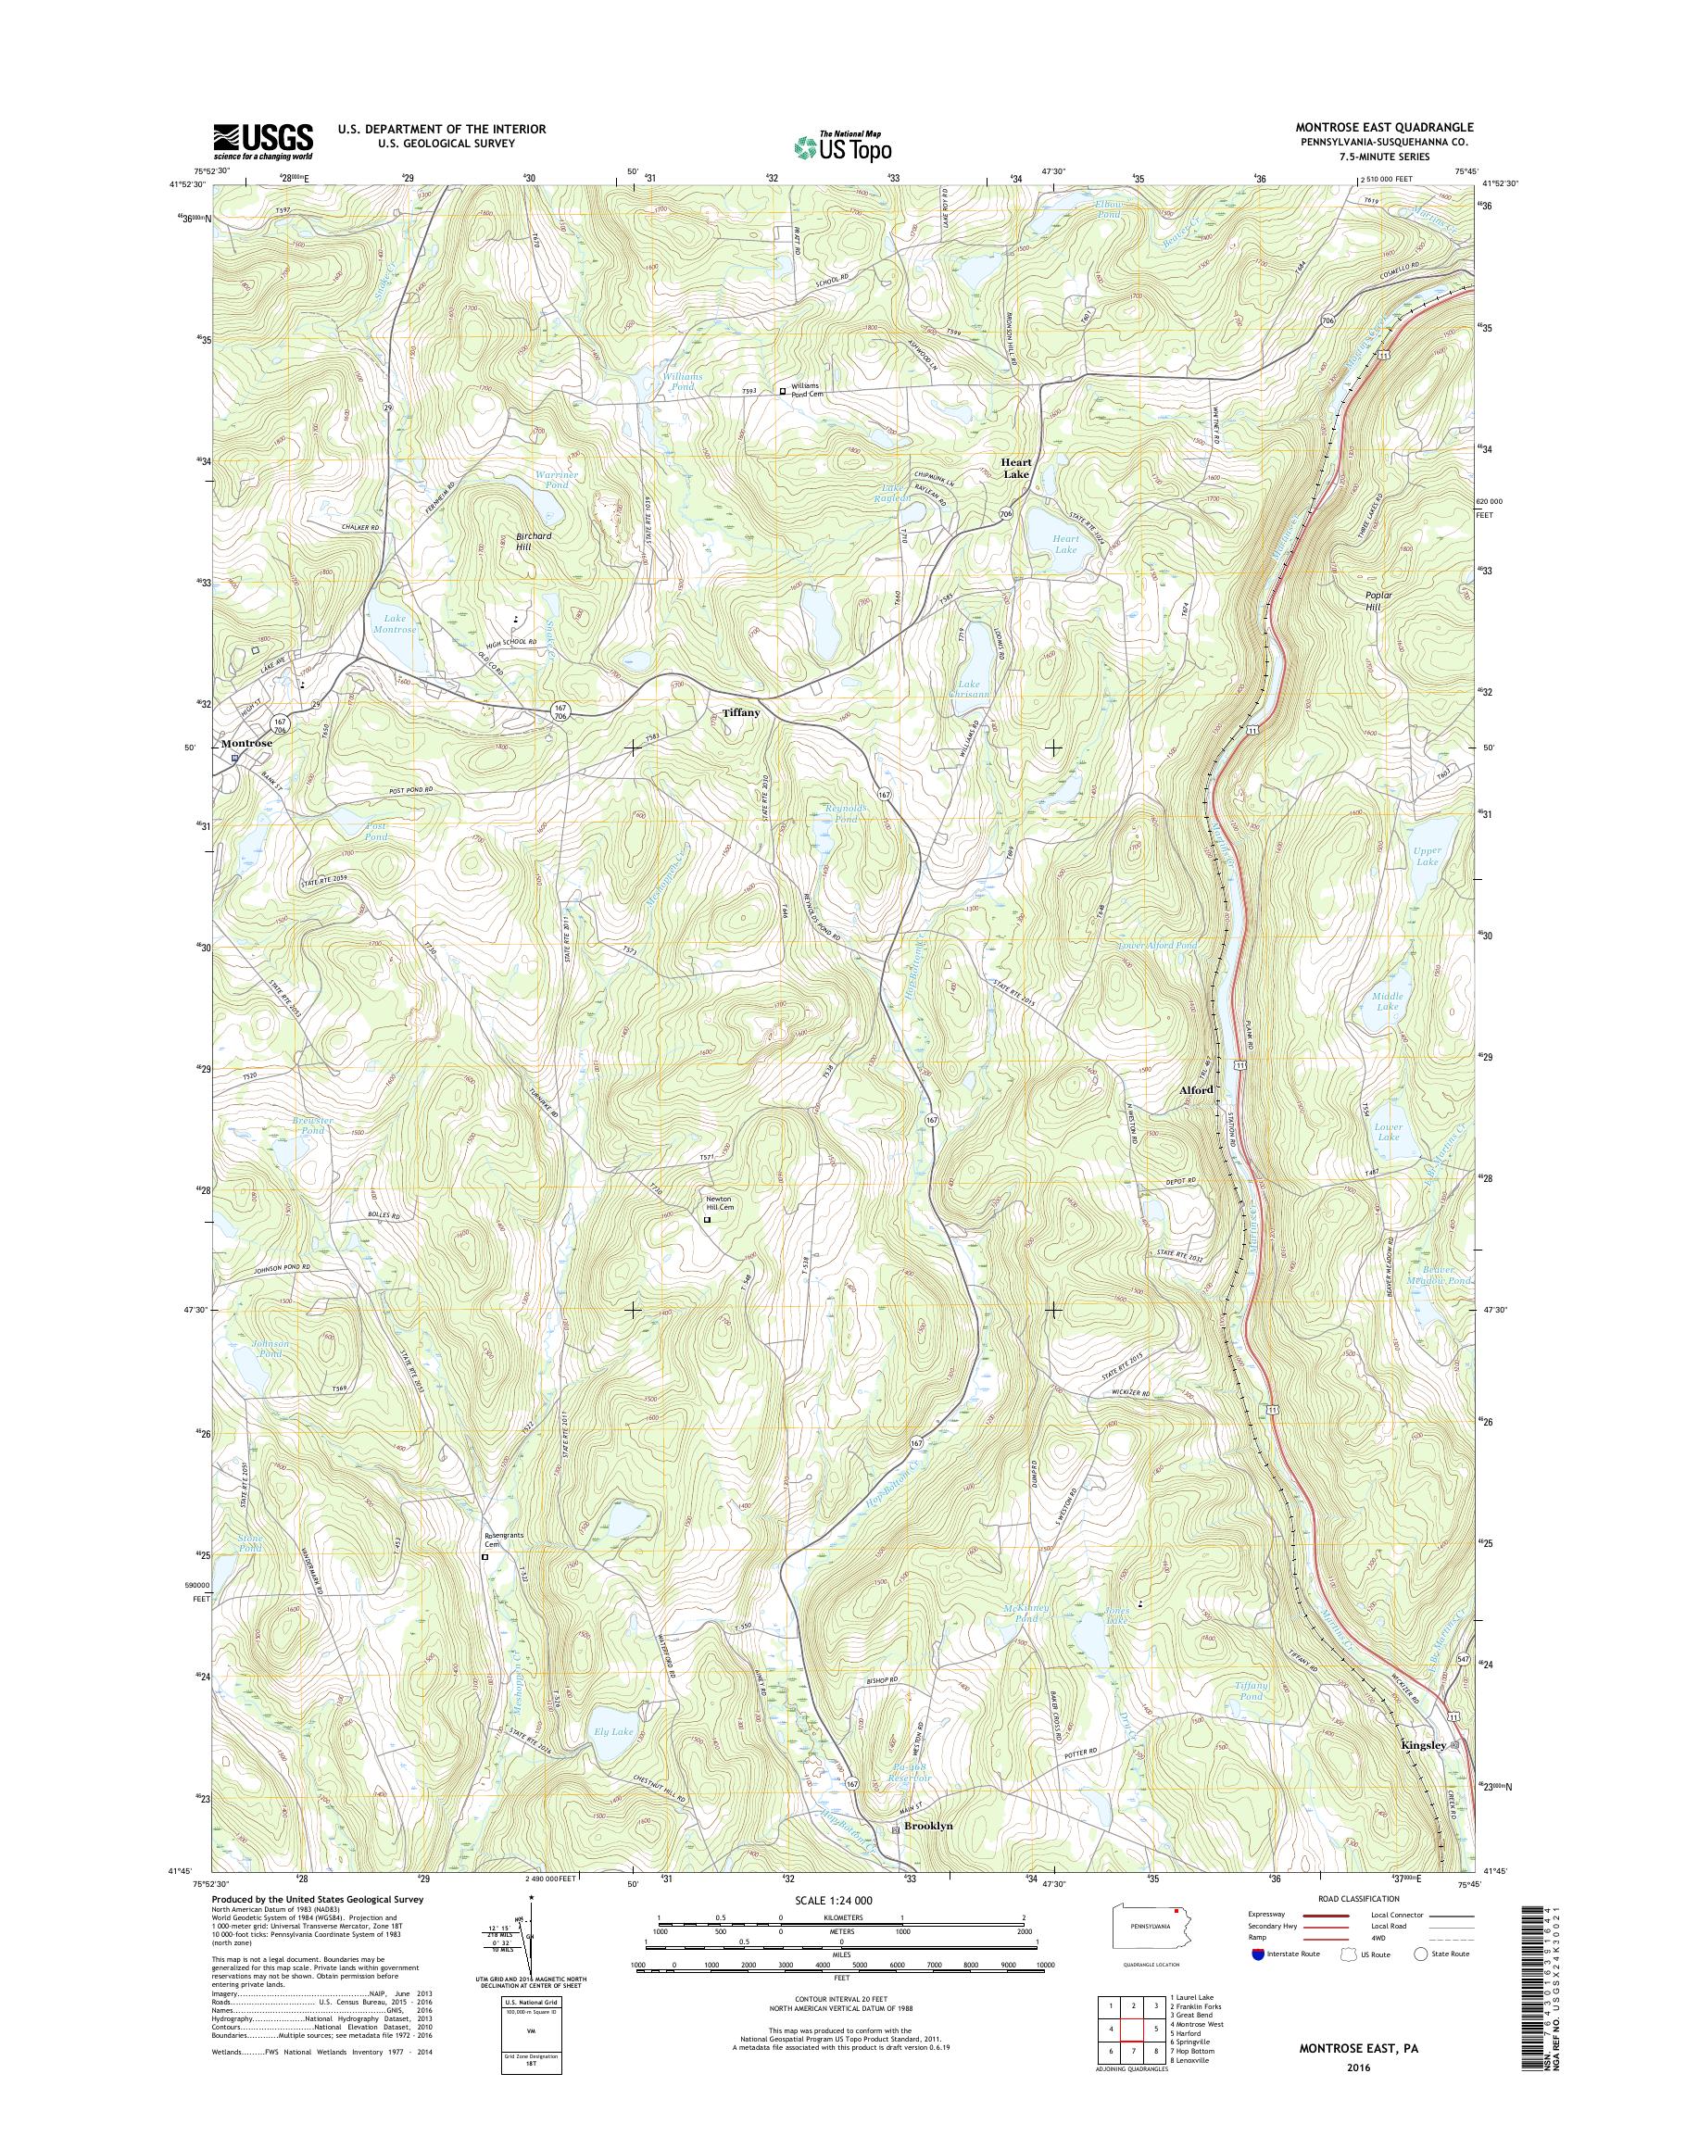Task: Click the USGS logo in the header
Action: coord(264,141)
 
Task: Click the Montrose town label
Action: coord(245,742)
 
